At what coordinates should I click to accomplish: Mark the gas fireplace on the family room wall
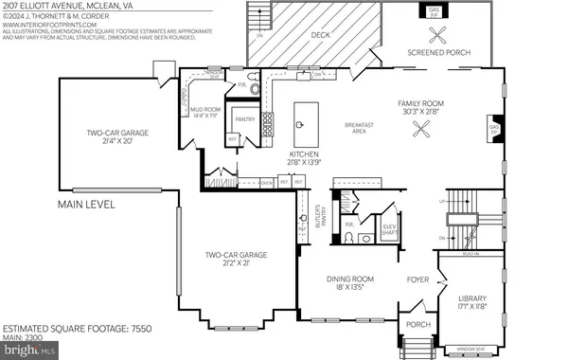(x=492, y=127)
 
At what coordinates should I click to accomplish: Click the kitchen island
(x=306, y=116)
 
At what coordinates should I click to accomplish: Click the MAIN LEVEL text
(x=86, y=205)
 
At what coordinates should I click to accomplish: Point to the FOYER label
(x=417, y=279)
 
